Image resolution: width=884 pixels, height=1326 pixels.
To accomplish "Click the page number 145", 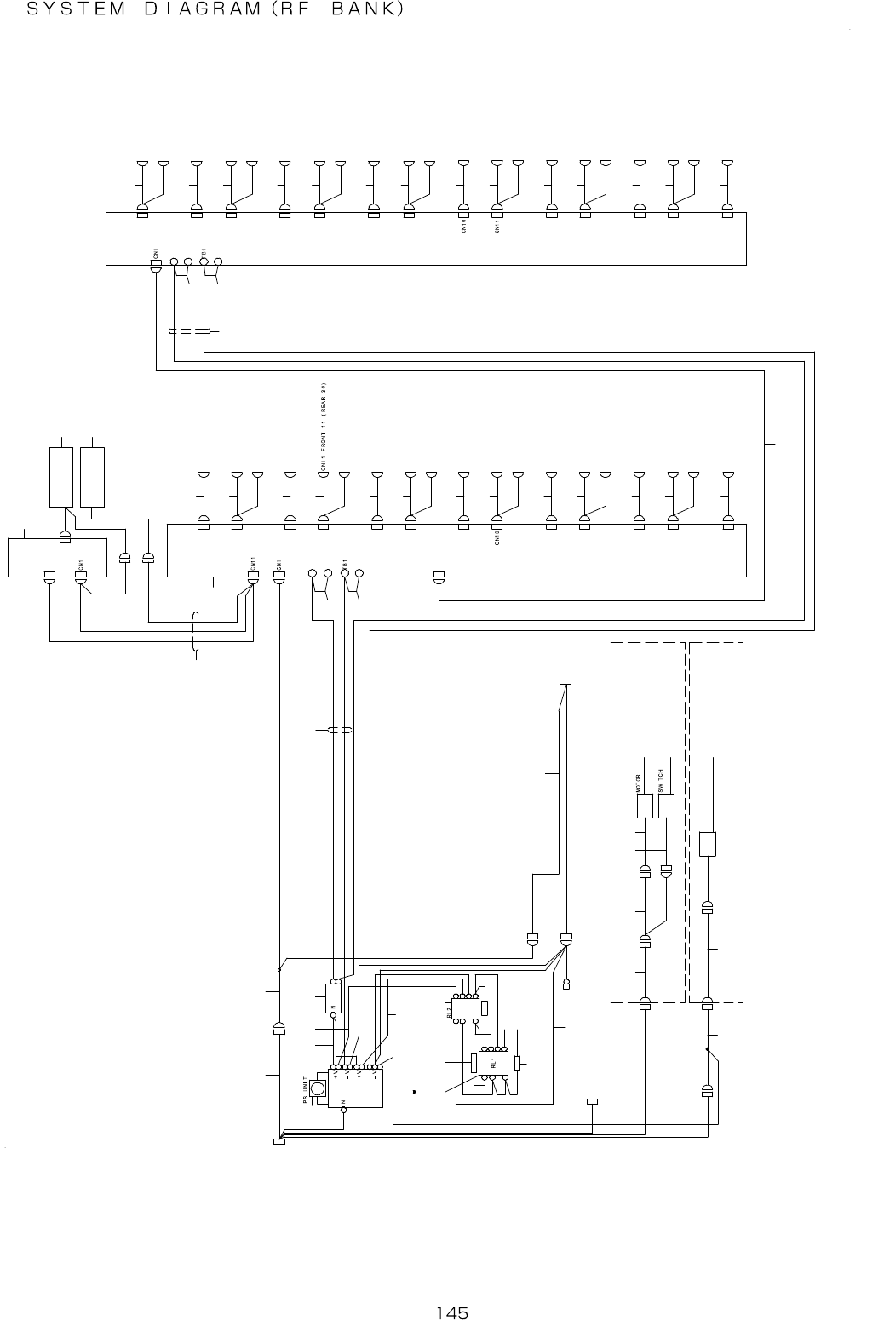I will click(x=452, y=1312).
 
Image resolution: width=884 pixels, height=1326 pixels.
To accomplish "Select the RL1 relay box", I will click(x=493, y=1063).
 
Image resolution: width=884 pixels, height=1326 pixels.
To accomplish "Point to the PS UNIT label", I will click(x=305, y=1090).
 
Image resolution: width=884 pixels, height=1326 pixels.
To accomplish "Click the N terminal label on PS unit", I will click(x=343, y=1101).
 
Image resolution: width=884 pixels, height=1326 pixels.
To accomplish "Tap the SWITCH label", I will click(x=661, y=780).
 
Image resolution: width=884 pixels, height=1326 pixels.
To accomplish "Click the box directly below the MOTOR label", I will click(x=645, y=806).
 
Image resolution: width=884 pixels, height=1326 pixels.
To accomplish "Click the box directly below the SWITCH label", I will click(x=667, y=806).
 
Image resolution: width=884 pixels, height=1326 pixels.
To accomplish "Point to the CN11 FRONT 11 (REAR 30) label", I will click(x=324, y=427).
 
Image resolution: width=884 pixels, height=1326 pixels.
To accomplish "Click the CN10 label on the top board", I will click(x=463, y=227).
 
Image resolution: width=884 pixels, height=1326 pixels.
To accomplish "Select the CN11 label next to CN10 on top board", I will click(x=497, y=227).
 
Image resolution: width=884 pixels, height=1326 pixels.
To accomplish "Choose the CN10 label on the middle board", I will click(x=497, y=538).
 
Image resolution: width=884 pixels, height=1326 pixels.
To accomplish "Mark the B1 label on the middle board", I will click(x=344, y=562).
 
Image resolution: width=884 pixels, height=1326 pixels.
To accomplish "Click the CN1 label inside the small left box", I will click(x=80, y=563).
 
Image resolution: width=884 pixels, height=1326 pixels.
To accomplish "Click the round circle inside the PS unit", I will click(x=319, y=1088).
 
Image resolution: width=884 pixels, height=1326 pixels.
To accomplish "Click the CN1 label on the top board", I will click(x=155, y=252).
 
